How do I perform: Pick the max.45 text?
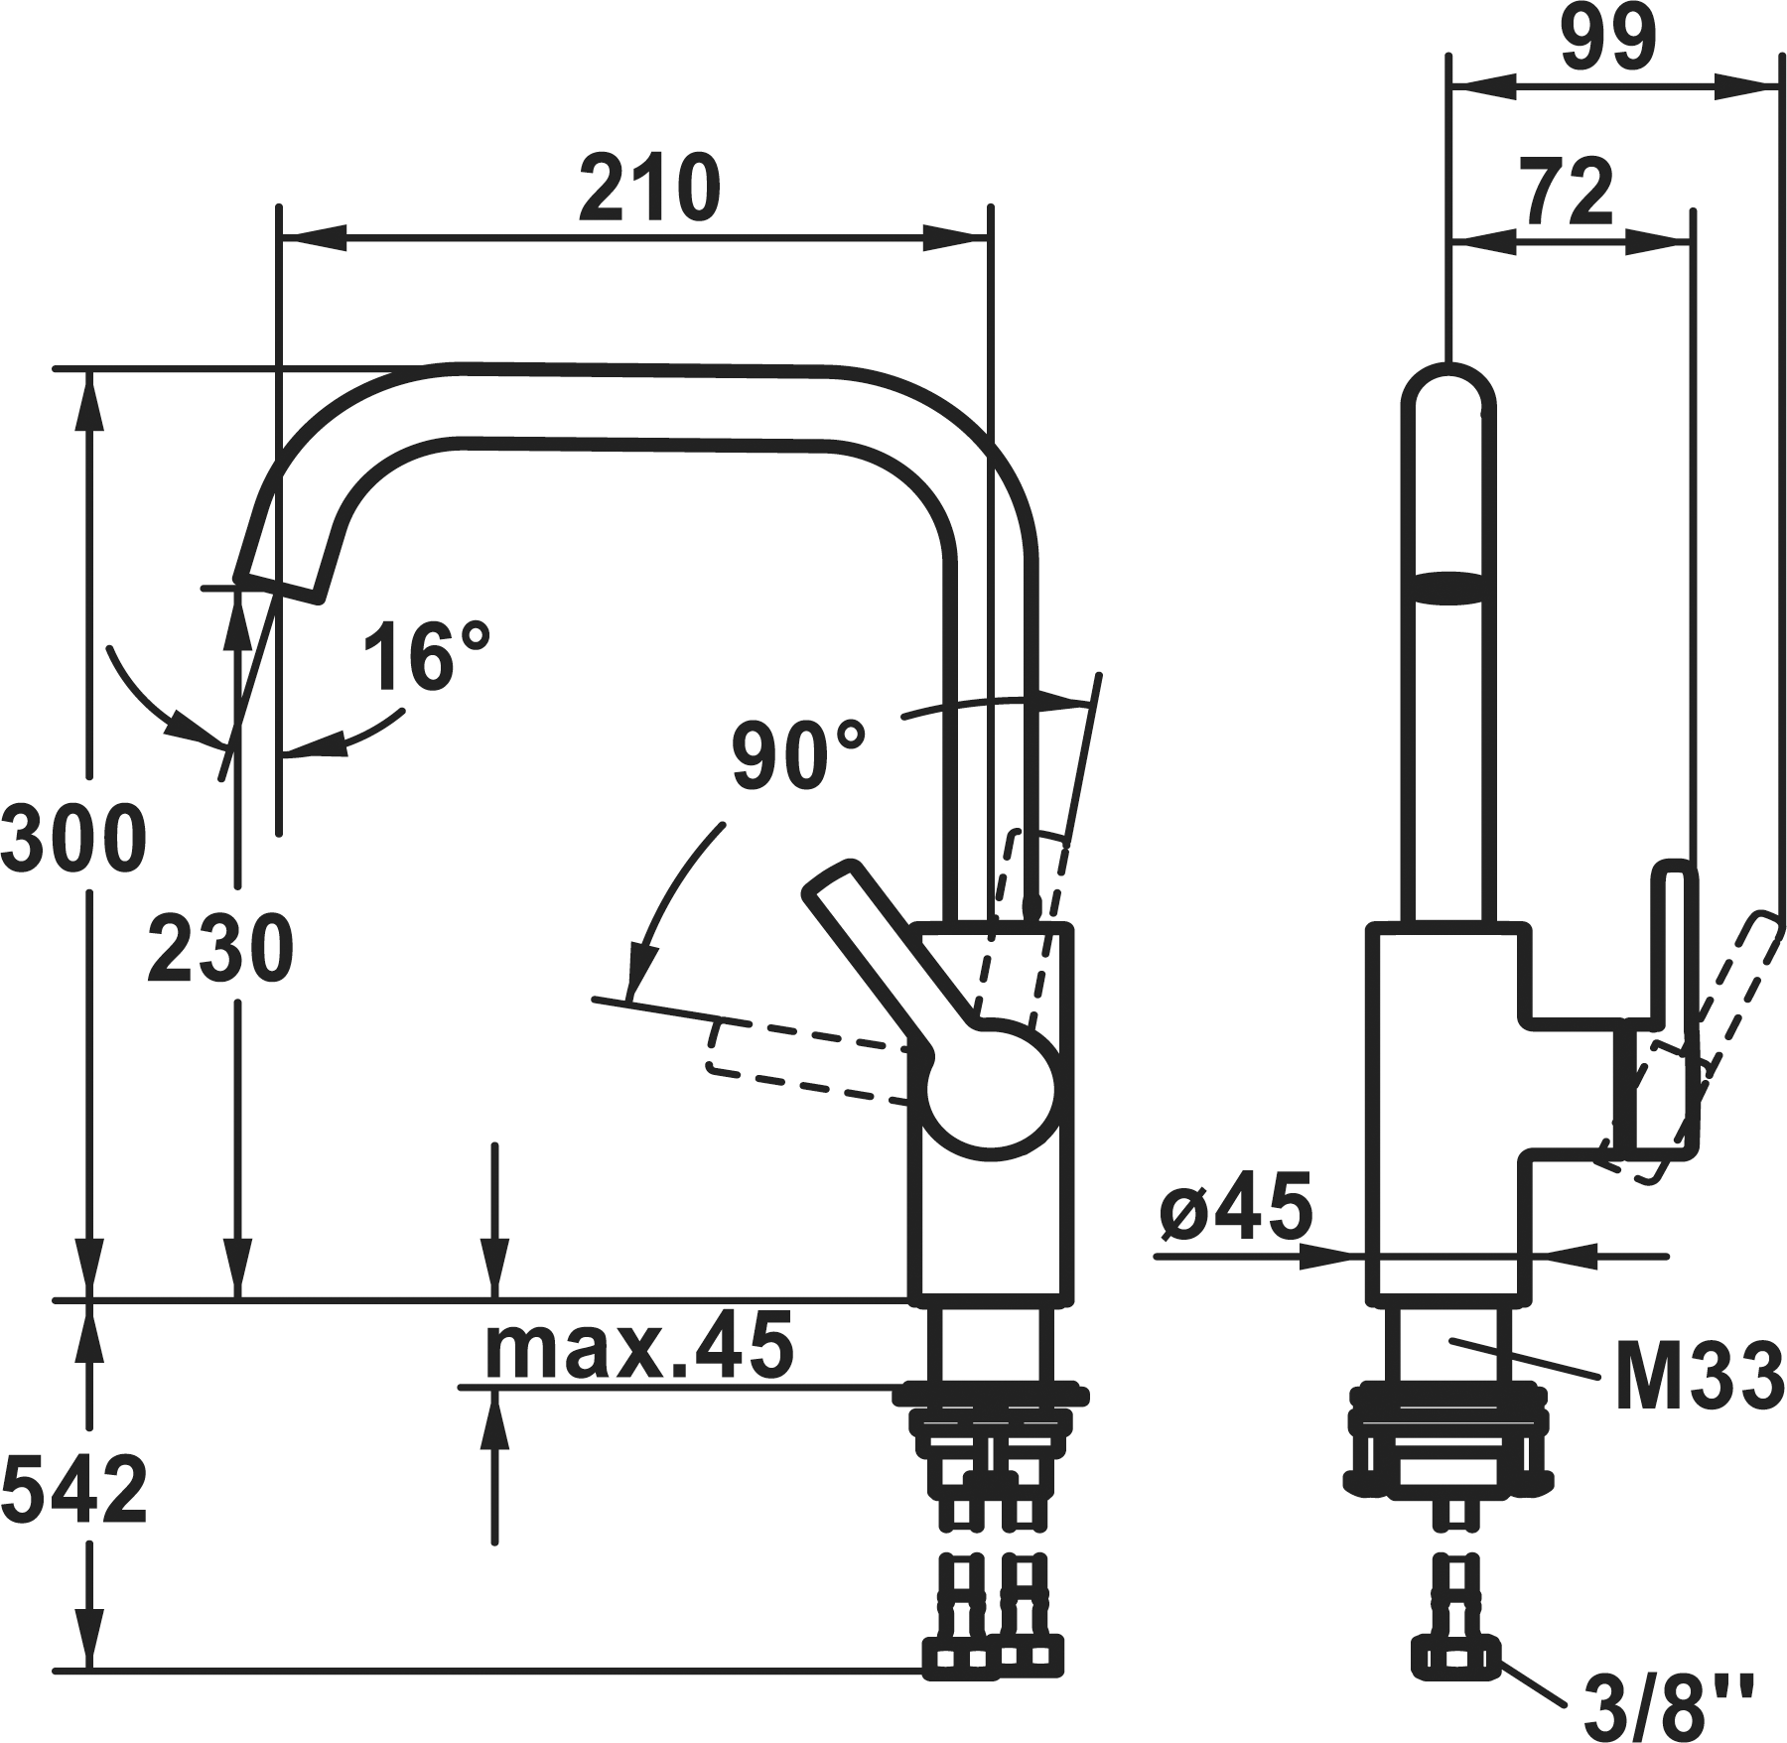639,1344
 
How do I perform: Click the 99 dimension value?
1609,38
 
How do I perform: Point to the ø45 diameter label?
1235,1207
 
